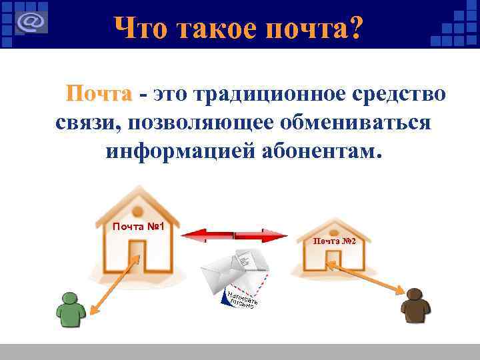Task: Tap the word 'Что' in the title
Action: tap(139, 29)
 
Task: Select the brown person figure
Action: tap(415, 308)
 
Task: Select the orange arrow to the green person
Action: tap(113, 283)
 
